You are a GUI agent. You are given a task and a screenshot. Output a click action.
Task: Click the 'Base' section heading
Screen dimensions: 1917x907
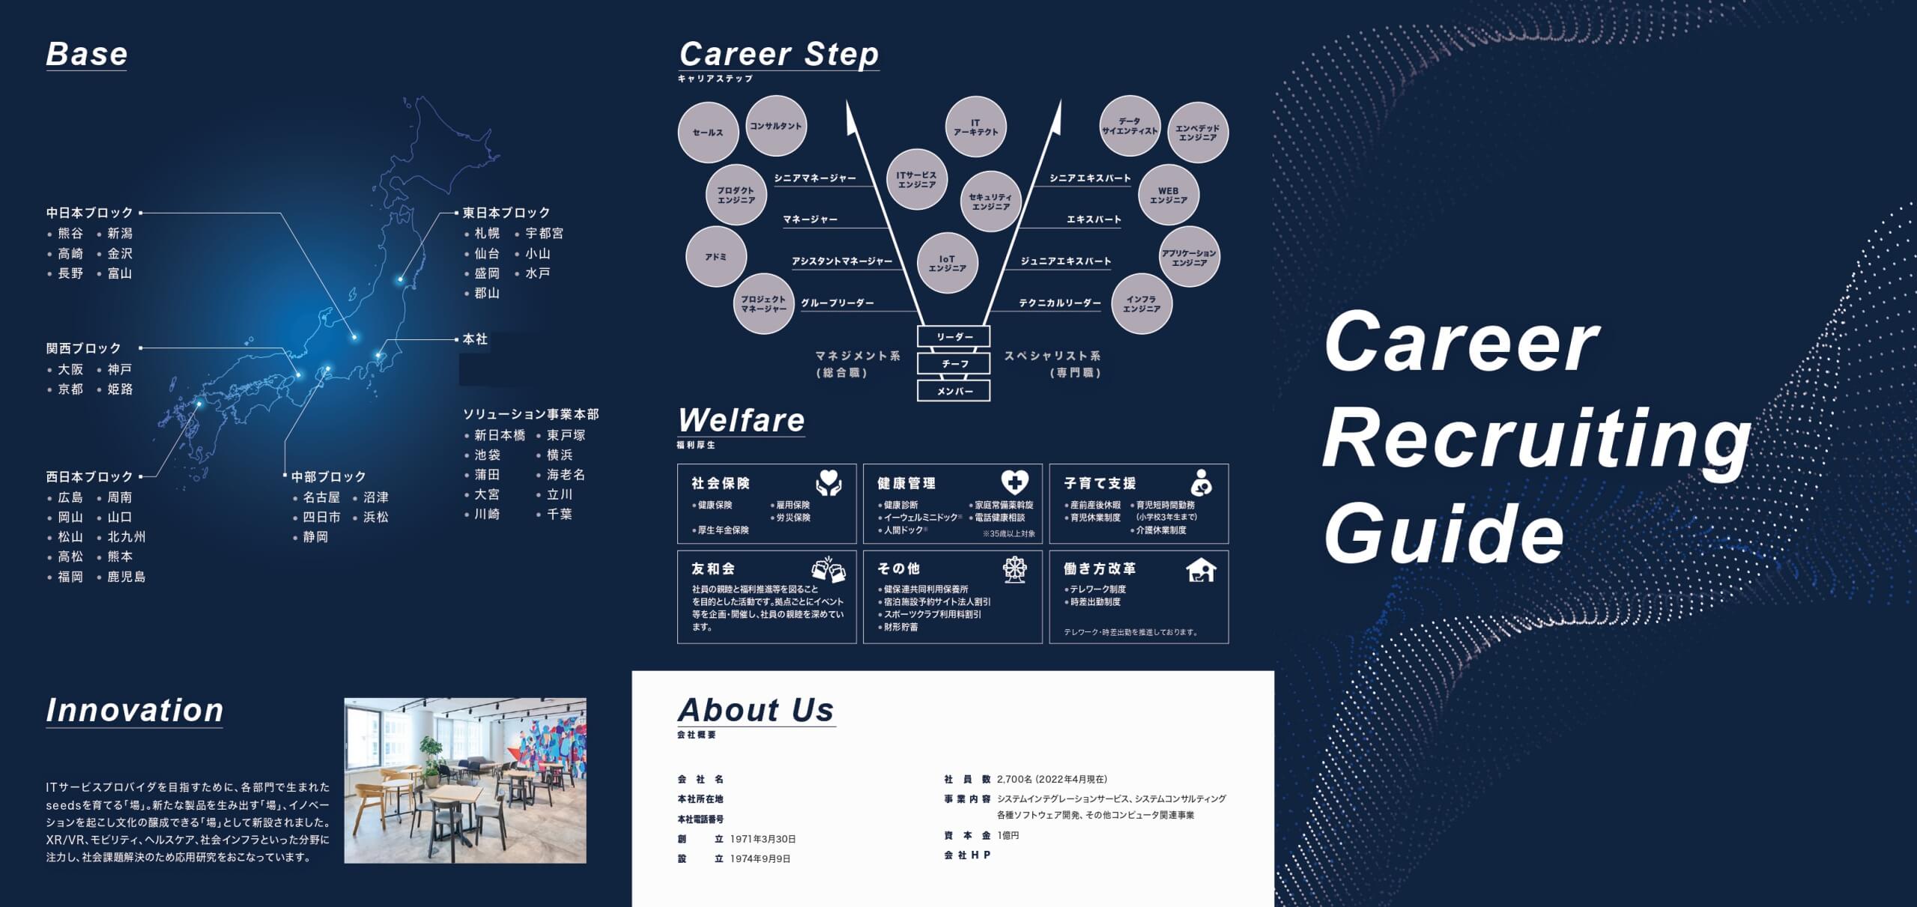point(87,54)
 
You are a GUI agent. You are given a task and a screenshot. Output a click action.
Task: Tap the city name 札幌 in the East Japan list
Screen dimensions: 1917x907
point(487,234)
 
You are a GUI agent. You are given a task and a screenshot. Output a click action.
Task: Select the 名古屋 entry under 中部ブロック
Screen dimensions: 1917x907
point(321,497)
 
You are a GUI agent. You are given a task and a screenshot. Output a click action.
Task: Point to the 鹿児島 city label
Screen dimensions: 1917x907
point(127,577)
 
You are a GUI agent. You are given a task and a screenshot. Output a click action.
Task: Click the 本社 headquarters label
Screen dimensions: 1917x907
point(475,339)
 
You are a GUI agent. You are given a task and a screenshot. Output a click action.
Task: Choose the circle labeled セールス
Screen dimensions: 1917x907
point(708,133)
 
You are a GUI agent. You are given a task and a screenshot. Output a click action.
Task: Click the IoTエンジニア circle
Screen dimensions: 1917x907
point(948,263)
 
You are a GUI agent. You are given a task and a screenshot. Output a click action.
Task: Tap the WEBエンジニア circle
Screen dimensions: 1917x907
point(1169,195)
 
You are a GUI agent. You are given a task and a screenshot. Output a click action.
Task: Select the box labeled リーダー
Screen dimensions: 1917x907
point(954,337)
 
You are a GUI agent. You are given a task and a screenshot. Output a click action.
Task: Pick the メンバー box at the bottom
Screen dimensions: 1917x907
point(954,391)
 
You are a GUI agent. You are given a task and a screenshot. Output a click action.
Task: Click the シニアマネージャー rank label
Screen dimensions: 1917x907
point(815,178)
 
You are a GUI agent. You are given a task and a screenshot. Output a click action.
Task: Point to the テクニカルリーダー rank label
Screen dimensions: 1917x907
point(1060,303)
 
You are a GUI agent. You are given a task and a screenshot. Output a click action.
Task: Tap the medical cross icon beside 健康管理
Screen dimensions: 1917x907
point(1015,482)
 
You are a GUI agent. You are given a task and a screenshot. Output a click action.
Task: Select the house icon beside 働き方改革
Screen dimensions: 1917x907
point(1202,571)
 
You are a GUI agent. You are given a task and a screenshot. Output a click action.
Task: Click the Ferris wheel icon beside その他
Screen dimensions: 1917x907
point(1015,570)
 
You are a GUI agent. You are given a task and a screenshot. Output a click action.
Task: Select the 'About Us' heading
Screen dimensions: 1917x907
point(756,710)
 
